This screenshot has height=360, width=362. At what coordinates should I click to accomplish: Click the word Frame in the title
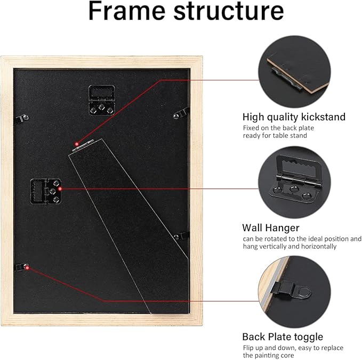click(x=127, y=11)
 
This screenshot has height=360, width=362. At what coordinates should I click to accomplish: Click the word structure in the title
click(x=229, y=12)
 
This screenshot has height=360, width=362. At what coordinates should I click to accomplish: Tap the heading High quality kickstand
click(x=294, y=117)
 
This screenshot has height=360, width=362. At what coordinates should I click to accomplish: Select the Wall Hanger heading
click(x=271, y=228)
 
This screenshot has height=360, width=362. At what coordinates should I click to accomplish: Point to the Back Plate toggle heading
click(x=283, y=337)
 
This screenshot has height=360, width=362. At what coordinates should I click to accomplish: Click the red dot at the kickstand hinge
click(x=77, y=144)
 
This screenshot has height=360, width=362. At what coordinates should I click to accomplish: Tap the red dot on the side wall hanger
click(x=60, y=189)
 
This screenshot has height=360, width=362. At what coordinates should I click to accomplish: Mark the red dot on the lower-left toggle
click(x=27, y=268)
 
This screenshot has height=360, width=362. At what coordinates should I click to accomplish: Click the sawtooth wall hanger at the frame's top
click(x=102, y=100)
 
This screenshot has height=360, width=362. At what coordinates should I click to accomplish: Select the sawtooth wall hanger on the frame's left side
click(x=46, y=191)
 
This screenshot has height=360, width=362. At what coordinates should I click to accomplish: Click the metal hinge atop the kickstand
click(x=83, y=145)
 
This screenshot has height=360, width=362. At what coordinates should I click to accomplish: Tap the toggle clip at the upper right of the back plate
click(x=181, y=113)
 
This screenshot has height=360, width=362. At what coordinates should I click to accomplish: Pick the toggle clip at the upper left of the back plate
click(x=22, y=118)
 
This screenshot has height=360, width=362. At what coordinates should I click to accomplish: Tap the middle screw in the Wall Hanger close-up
click(x=293, y=189)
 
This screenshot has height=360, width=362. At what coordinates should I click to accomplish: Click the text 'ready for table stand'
click(x=275, y=135)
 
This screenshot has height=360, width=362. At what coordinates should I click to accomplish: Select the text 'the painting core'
click(x=269, y=355)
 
